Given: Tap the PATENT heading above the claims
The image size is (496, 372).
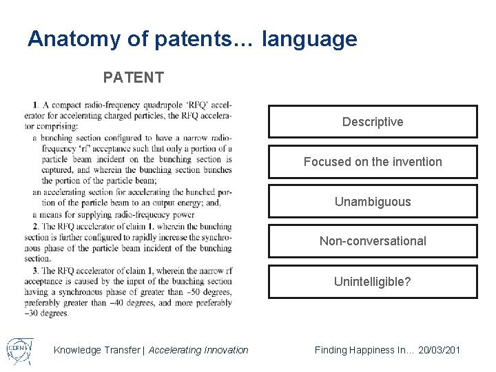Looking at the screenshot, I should [x=133, y=77].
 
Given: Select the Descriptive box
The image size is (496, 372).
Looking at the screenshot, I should [x=372, y=122].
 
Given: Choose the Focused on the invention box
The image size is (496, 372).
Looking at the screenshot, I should [x=372, y=162].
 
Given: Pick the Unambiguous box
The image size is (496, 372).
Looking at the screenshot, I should [x=372, y=202].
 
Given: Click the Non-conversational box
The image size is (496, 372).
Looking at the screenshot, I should [x=372, y=241].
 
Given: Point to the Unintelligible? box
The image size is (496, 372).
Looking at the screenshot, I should [x=372, y=281].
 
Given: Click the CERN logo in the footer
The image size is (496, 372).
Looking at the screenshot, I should [x=19, y=349].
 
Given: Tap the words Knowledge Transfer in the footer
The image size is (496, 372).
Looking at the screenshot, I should [x=96, y=350].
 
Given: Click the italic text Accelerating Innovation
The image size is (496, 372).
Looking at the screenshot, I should [x=198, y=350].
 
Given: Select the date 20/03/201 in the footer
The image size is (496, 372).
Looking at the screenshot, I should [x=437, y=350].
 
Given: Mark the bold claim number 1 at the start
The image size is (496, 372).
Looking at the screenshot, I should [x=35, y=105].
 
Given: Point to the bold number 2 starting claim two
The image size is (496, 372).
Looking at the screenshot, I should [x=34, y=226].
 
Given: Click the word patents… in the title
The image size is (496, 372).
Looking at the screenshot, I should [x=205, y=39].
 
